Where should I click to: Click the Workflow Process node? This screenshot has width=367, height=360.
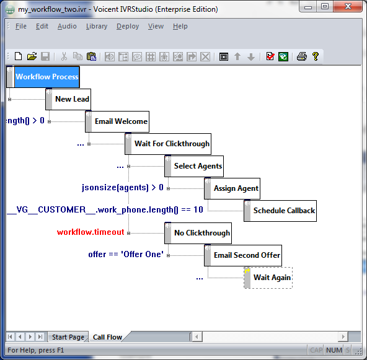click(43, 77)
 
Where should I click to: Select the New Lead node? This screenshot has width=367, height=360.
click(68, 99)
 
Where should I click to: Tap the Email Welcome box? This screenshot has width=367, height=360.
click(117, 121)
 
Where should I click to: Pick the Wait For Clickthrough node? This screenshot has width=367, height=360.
click(168, 144)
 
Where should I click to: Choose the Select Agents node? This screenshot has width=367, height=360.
click(194, 166)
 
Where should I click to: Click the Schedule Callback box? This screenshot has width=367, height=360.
click(280, 211)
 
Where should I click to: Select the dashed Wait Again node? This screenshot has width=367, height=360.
click(268, 278)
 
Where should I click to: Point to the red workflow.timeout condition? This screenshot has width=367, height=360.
click(91, 232)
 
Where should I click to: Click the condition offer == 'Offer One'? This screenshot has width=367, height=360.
click(126, 254)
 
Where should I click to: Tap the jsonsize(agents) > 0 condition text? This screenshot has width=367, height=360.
click(122, 188)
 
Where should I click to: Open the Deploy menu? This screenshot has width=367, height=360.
click(128, 26)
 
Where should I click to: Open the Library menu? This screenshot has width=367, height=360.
click(97, 26)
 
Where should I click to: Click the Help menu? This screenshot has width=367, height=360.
click(180, 26)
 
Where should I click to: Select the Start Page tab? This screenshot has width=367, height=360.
click(68, 337)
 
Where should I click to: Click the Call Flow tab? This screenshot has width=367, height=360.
click(107, 337)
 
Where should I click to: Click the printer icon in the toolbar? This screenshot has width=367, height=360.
click(302, 56)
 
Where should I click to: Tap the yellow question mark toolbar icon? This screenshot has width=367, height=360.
click(316, 56)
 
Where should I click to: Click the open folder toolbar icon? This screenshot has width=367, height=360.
click(32, 56)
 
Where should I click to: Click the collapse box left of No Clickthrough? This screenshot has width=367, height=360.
click(128, 233)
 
